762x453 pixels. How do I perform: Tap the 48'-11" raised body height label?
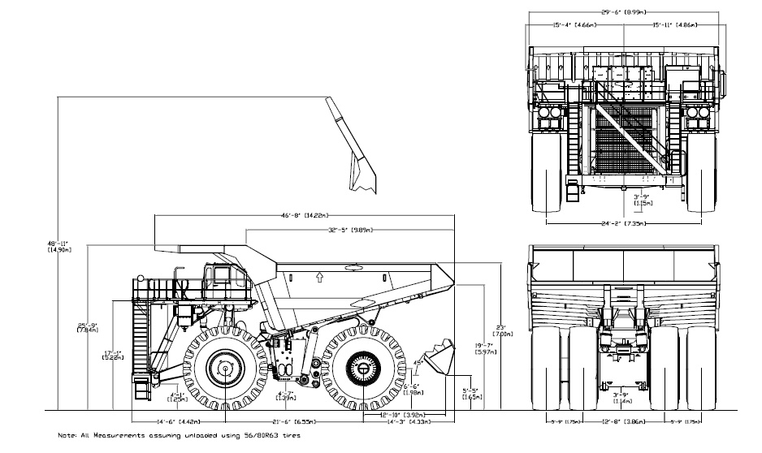(x=59, y=246)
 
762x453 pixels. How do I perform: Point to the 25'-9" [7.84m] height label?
(x=89, y=326)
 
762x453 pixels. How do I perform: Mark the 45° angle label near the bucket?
(x=420, y=361)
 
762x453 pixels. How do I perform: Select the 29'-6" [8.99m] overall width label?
(x=623, y=11)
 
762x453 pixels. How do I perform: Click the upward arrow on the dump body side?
(x=319, y=277)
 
